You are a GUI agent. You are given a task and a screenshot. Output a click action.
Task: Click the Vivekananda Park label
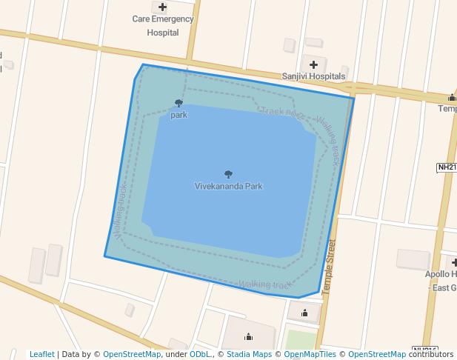[x=228, y=187]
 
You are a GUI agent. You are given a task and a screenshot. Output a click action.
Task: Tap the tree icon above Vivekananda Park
[x=228, y=175]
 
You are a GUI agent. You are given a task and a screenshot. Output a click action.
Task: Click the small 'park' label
[x=179, y=116]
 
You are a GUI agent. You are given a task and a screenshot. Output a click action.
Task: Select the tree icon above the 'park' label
[x=179, y=104]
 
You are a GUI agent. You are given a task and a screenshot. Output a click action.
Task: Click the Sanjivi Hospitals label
[x=313, y=76]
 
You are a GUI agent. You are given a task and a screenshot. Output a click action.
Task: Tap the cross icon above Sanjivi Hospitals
[x=313, y=64]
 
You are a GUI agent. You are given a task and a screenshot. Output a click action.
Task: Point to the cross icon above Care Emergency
[x=163, y=7]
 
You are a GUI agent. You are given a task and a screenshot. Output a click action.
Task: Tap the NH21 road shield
[x=447, y=167]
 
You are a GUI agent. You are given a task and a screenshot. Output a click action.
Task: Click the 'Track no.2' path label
[x=282, y=113]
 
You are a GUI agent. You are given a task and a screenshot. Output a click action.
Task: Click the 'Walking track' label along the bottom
[x=264, y=284]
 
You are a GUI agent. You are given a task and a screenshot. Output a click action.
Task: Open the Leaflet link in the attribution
[x=42, y=355]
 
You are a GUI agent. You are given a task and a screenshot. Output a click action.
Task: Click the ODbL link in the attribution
[x=200, y=355]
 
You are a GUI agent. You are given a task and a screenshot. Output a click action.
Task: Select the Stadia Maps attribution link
[x=249, y=355]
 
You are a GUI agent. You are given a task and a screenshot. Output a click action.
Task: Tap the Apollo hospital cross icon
[x=453, y=262]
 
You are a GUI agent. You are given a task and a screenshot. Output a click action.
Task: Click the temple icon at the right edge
[x=452, y=98]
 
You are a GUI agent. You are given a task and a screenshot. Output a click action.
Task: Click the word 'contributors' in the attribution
[x=431, y=355]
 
